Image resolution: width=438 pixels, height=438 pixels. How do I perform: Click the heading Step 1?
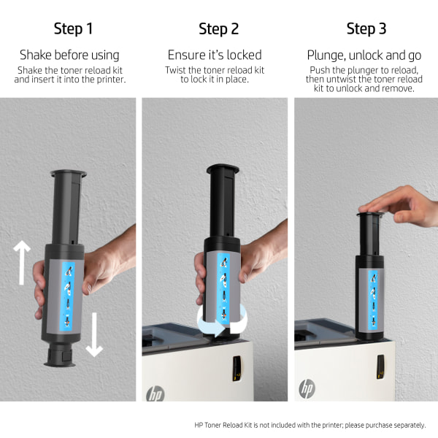pos(73,28)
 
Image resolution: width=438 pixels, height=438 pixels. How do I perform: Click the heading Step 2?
pos(219,28)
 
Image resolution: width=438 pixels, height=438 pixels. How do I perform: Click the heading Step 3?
pos(366,28)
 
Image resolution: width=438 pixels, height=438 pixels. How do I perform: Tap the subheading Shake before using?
pos(69,55)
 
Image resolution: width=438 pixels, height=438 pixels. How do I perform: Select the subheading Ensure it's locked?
pos(215,55)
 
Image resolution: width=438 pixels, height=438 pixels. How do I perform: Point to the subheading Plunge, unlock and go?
pos(364,55)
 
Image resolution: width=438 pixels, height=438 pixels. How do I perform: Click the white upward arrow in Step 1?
pos(22,263)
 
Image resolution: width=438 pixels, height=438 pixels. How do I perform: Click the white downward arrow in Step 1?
pos(94,334)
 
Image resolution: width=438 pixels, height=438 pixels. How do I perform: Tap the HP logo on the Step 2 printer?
pos(155,394)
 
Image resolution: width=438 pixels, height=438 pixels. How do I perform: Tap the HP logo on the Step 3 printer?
pos(307,388)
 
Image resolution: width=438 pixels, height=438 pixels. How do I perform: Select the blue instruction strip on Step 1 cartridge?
pos(68,297)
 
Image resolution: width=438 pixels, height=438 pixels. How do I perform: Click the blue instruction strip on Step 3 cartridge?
pos(372,300)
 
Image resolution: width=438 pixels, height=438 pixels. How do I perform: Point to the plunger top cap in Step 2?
pos(223,168)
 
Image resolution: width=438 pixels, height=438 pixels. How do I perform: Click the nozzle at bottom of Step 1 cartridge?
pos(60,354)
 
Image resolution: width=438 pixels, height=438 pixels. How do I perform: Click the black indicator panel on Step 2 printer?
pos(237,369)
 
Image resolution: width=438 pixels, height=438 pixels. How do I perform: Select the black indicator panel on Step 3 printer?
pos(380,367)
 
